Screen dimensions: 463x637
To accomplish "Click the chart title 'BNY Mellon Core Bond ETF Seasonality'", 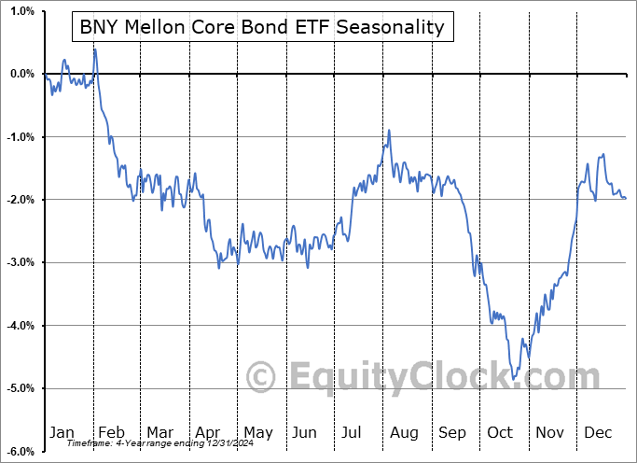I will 262,27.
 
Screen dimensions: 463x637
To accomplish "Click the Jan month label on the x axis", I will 62,432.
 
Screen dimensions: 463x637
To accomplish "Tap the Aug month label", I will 404,432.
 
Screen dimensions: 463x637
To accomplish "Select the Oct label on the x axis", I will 500,432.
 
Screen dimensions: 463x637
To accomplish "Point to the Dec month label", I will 599,432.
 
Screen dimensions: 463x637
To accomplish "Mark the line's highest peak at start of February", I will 95,49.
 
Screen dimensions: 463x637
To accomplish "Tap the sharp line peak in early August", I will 389,131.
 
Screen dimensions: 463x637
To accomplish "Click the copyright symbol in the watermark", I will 261,377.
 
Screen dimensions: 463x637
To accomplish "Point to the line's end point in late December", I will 625,198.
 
